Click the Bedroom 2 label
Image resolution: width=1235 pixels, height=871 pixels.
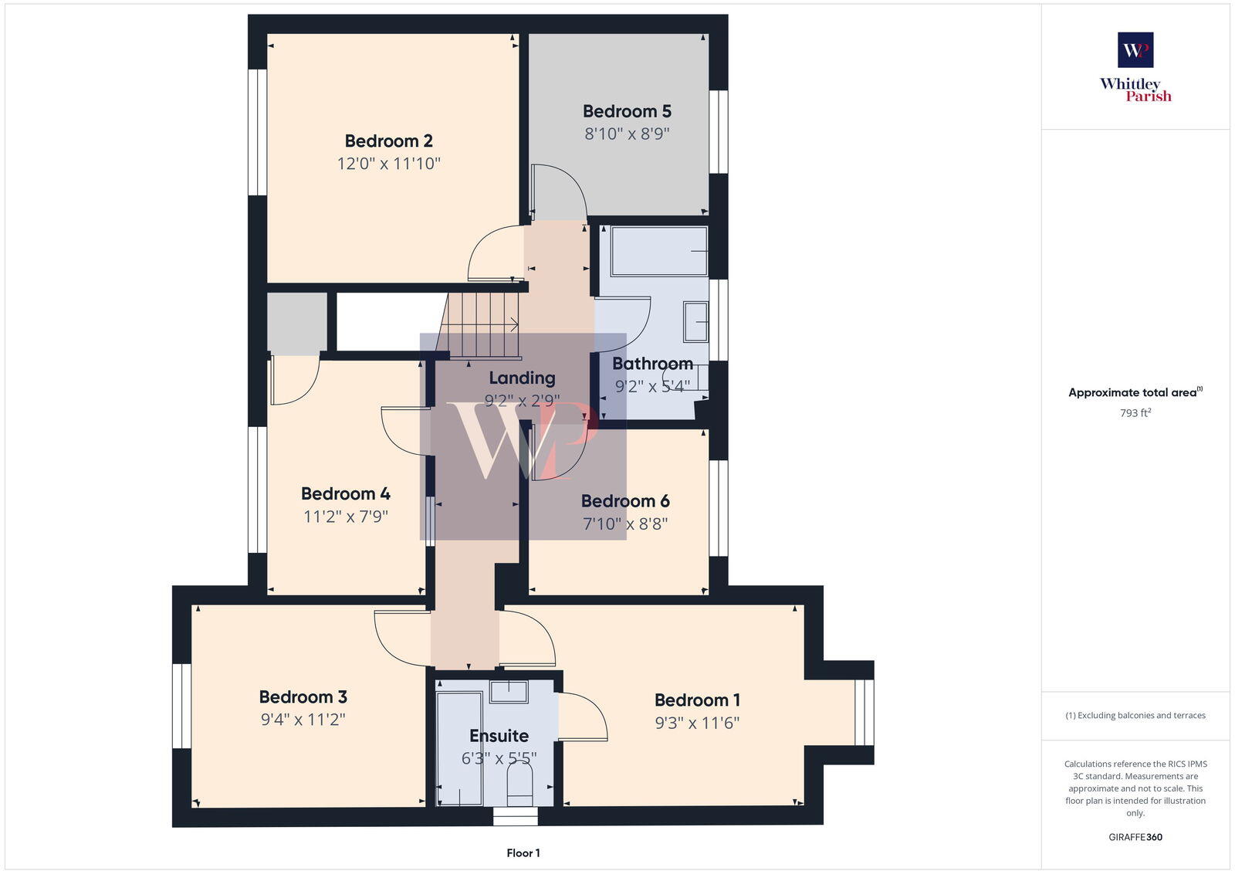click(388, 141)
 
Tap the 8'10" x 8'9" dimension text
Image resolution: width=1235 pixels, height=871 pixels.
click(626, 134)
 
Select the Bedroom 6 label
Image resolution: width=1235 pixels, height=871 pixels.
click(625, 501)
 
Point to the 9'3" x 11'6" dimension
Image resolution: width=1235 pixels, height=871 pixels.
click(697, 723)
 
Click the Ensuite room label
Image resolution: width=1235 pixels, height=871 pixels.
click(499, 736)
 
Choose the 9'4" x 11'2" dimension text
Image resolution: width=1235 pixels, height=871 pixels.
click(303, 720)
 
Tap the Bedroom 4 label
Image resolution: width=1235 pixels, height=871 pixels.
click(345, 493)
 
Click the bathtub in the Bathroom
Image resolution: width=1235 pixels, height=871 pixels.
click(658, 251)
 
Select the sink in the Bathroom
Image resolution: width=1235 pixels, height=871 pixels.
click(695, 322)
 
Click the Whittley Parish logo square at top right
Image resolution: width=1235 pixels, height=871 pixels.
click(1135, 50)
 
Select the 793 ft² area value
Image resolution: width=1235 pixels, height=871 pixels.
click(1135, 413)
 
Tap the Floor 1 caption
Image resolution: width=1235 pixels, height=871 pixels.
click(523, 853)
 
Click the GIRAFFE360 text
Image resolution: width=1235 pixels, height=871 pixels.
click(1135, 837)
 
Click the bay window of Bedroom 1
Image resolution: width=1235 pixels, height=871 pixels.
click(864, 712)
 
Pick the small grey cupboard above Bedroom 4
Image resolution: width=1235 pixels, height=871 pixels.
click(297, 323)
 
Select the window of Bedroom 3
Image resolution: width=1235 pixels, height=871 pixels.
click(181, 706)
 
